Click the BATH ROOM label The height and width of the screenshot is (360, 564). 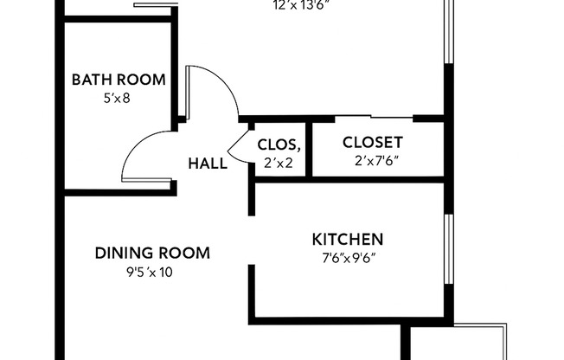pyautogui.click(x=118, y=80)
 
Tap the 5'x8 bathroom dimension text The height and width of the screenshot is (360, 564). pyautogui.click(x=118, y=98)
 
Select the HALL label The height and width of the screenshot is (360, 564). pyautogui.click(x=208, y=162)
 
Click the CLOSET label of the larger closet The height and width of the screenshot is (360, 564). pyautogui.click(x=373, y=142)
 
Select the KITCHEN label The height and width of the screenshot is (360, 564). pyautogui.click(x=348, y=239)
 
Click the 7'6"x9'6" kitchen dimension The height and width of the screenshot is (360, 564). pyautogui.click(x=348, y=257)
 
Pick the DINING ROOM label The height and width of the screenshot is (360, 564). pyautogui.click(x=152, y=253)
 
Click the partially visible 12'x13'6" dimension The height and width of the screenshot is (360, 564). pyautogui.click(x=301, y=4)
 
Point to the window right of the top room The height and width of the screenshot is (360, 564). pyautogui.click(x=448, y=35)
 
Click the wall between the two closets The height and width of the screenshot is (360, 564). pyautogui.click(x=309, y=147)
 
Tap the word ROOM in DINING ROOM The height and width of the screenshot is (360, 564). pyautogui.click(x=184, y=253)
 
